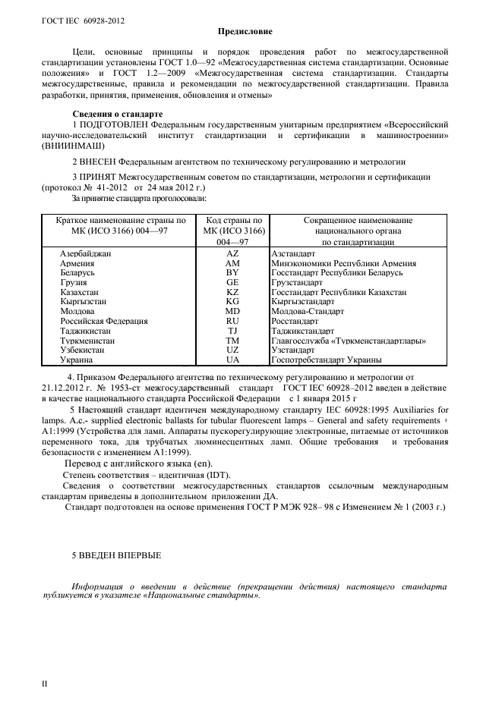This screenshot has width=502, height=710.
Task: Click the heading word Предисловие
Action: pyautogui.click(x=250, y=31)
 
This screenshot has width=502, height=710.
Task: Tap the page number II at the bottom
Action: pyautogui.click(x=43, y=683)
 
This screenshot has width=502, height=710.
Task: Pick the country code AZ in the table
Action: pyautogui.click(x=232, y=253)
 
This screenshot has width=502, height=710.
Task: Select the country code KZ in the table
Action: pyautogui.click(x=232, y=292)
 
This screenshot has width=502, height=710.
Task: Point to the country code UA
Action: pyautogui.click(x=232, y=361)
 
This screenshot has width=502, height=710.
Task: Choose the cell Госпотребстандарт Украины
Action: pyautogui.click(x=326, y=361)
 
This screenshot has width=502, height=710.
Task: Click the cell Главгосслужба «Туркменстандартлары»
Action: pyautogui.click(x=348, y=341)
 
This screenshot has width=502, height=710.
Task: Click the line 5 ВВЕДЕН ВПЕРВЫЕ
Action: pyautogui.click(x=116, y=556)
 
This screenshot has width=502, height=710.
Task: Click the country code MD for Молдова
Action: pyautogui.click(x=232, y=312)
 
